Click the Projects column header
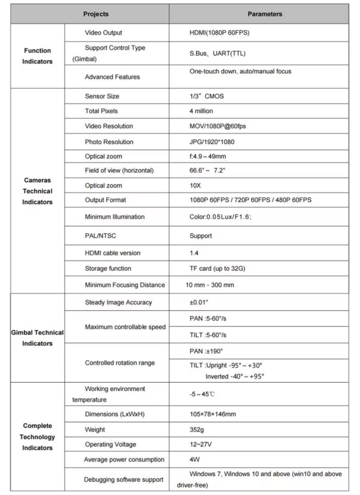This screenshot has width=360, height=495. click(x=96, y=14)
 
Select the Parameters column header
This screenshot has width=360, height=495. click(x=265, y=14)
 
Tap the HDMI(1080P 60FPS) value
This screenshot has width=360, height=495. click(x=219, y=33)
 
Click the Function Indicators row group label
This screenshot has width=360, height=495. click(x=37, y=56)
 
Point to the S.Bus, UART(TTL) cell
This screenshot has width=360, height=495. click(x=218, y=53)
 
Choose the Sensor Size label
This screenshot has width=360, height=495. click(x=102, y=96)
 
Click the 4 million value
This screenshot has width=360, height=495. click(x=201, y=111)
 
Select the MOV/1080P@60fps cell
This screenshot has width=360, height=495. click(x=218, y=126)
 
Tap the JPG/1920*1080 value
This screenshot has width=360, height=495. click(x=212, y=142)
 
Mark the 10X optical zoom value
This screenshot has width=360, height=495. click(x=195, y=186)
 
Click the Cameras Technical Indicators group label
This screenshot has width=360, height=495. click(x=37, y=191)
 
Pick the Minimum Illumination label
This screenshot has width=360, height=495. click(x=115, y=217)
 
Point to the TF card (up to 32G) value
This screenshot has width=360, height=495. click(x=217, y=269)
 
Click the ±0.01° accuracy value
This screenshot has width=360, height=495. click(x=199, y=303)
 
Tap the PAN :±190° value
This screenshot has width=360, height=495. click(x=206, y=351)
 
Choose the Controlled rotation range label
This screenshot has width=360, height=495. click(x=120, y=363)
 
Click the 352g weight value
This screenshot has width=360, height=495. click(x=197, y=430)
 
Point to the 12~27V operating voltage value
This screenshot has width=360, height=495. click(x=201, y=445)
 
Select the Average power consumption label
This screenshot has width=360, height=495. click(x=124, y=460)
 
